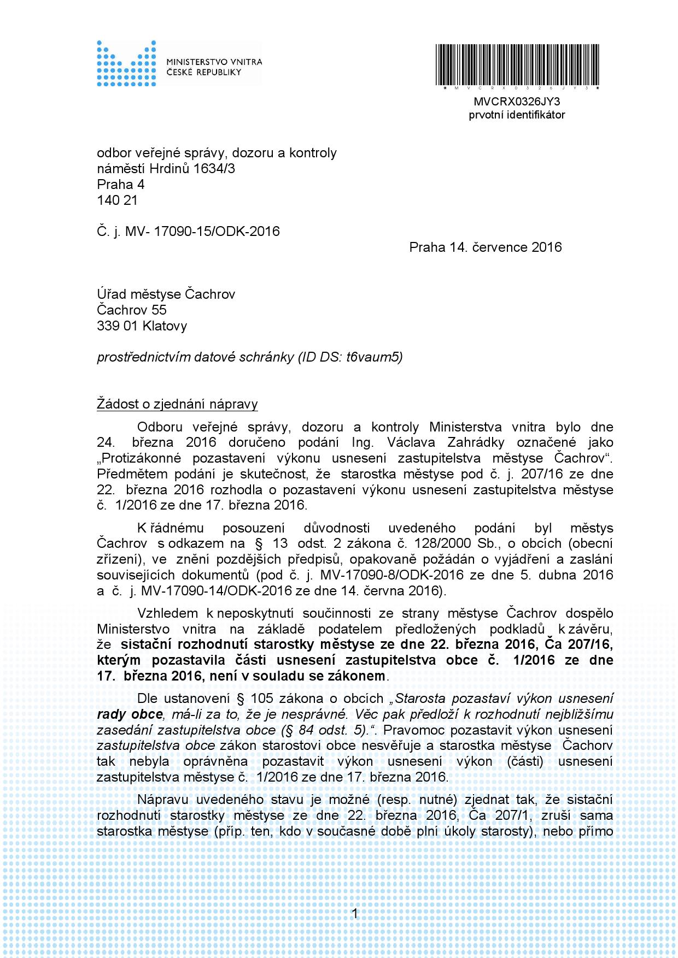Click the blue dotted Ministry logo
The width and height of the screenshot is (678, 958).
(x=126, y=63)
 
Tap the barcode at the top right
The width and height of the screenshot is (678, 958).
(x=517, y=64)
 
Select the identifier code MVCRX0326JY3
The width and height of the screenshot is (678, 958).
(x=517, y=102)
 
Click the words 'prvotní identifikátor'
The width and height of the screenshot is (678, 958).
(x=517, y=115)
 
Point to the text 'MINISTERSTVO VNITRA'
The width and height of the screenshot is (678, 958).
(x=214, y=62)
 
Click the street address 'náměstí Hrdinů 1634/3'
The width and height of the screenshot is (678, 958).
(x=166, y=168)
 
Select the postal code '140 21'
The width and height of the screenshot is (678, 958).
(x=117, y=200)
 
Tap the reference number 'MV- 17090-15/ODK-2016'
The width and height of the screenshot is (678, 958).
(x=202, y=231)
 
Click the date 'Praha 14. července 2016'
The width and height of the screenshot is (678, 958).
(x=485, y=247)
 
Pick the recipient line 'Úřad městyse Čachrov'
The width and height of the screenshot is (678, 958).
(x=166, y=294)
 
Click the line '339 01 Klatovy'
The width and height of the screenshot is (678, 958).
(x=142, y=326)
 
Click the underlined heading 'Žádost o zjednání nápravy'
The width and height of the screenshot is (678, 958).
(x=177, y=404)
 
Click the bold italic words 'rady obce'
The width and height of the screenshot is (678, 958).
(x=130, y=714)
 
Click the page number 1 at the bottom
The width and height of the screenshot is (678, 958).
(x=355, y=913)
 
